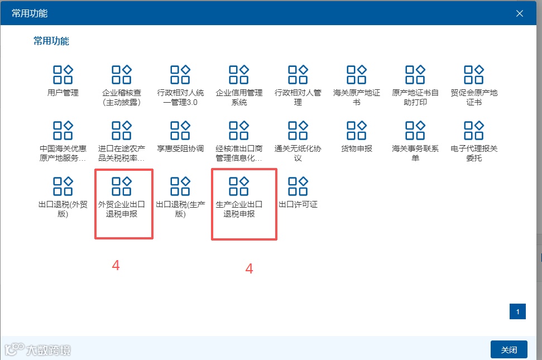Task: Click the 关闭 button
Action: click(509, 350)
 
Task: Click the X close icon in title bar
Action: click(520, 13)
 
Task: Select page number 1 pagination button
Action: click(517, 311)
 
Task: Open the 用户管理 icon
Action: click(63, 74)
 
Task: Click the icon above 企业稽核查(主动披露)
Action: click(122, 74)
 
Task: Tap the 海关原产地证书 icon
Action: click(357, 74)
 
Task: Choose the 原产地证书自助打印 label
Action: click(415, 98)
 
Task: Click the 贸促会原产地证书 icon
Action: click(474, 74)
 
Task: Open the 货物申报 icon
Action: click(357, 130)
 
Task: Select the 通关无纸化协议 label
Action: click(298, 153)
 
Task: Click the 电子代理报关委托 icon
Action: click(474, 130)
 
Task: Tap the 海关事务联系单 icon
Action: click(415, 130)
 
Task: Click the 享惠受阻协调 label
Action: click(180, 149)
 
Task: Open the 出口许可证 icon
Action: click(298, 186)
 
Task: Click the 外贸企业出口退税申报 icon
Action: click(122, 186)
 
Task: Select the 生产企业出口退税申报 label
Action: click(239, 209)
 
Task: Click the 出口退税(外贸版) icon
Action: click(63, 186)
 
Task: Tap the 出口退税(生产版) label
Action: click(180, 209)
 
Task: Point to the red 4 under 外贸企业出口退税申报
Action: click(116, 266)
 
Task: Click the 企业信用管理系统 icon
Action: click(239, 74)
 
